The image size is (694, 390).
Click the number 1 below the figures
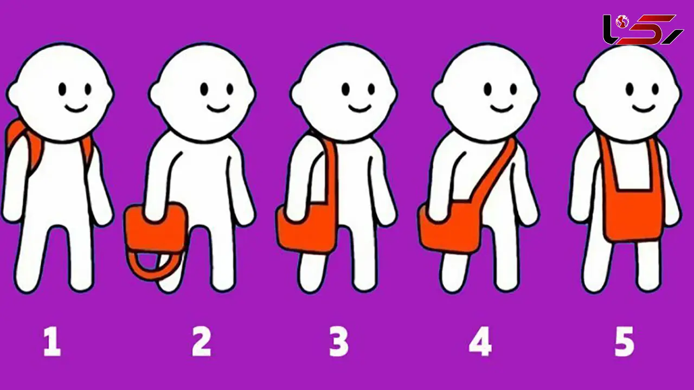(52, 342)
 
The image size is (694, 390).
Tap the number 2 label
(202, 342)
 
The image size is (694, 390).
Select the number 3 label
(338, 342)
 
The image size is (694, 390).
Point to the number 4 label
(480, 342)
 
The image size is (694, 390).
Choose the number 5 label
(624, 342)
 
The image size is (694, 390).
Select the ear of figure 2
(156, 93)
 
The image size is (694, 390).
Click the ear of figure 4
(439, 93)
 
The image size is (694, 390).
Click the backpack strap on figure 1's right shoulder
(87, 154)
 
